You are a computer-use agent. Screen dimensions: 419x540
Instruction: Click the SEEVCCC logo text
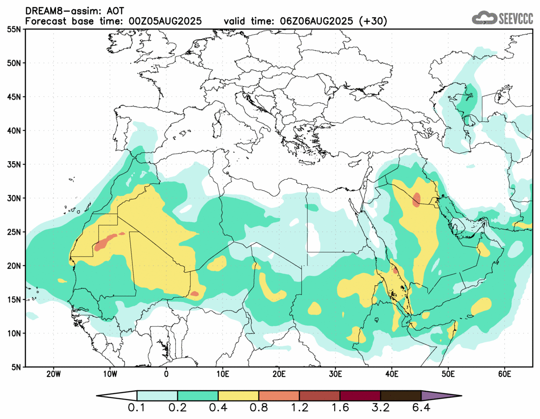point(515,19)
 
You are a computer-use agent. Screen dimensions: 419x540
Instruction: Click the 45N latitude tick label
point(15,97)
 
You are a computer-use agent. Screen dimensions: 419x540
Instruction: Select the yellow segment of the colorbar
point(238,396)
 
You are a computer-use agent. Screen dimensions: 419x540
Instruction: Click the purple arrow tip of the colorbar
point(440,396)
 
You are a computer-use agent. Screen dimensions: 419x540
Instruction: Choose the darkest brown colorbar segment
point(400,396)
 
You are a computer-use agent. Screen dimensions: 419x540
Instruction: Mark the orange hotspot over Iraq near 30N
point(416,200)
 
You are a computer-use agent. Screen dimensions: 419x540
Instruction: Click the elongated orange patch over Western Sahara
point(107,242)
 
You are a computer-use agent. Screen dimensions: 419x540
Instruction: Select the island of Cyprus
point(354,163)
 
